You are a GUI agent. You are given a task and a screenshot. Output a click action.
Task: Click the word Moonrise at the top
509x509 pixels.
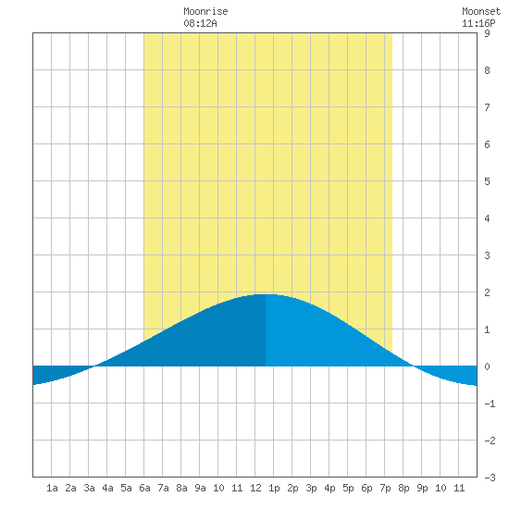[x=205, y=11]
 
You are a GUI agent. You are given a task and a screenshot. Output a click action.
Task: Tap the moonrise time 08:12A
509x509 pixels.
[x=200, y=23]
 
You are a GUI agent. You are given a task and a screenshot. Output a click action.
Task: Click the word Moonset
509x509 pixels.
[x=481, y=11]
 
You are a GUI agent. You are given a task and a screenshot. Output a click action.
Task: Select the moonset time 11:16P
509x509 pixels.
[x=478, y=23]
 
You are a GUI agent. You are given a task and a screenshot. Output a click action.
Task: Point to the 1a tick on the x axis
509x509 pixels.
[x=52, y=488]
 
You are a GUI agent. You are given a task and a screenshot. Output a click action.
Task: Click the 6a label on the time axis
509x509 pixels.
[x=144, y=488]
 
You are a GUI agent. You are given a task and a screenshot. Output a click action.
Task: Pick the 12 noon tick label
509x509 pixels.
[x=255, y=488]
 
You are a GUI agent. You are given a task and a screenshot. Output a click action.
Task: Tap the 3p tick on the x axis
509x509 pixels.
[x=311, y=488]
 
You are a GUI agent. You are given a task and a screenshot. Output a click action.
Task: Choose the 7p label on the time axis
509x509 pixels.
[x=385, y=488]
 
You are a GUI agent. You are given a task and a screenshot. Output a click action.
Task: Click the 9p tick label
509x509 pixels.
[x=422, y=488]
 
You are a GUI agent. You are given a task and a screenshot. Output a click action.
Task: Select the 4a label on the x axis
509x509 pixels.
[x=107, y=488]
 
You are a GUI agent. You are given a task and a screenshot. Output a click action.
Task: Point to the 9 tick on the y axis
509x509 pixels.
[x=487, y=33]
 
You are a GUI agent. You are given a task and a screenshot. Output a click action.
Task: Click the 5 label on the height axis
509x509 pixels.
[x=487, y=181]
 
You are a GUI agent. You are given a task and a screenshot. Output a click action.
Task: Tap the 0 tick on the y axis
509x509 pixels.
[x=487, y=366]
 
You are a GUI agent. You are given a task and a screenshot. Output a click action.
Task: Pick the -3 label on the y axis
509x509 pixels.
[x=490, y=478]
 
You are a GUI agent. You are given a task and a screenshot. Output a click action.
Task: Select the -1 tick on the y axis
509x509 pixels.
[x=490, y=403]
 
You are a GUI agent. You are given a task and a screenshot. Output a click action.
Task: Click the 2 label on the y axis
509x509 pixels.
[x=487, y=292]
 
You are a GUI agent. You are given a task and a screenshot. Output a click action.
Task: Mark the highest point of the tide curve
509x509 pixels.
[x=266, y=294]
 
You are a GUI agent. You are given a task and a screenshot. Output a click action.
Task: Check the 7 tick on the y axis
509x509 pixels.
[x=487, y=107]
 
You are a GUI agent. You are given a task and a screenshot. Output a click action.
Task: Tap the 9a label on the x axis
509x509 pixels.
[x=200, y=488]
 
